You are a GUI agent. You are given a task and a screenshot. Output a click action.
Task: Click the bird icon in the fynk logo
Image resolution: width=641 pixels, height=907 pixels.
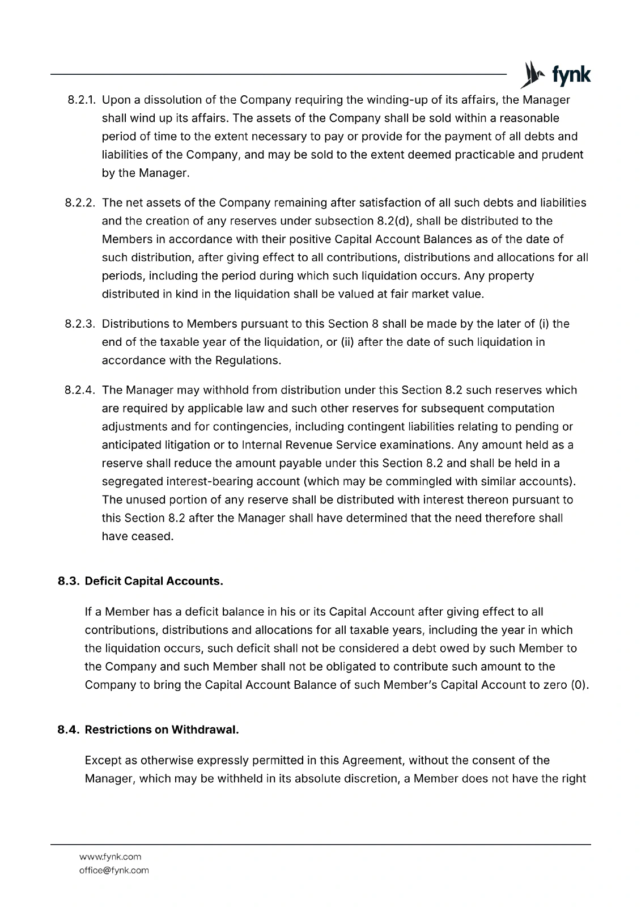pos(530,74)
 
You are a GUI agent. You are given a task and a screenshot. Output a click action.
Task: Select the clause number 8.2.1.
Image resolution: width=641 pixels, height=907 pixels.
pos(80,100)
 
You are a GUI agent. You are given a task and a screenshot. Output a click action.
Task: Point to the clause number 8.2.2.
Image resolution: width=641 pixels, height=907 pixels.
pos(80,203)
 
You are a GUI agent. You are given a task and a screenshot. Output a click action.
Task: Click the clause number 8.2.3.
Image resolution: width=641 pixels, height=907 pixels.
pos(80,324)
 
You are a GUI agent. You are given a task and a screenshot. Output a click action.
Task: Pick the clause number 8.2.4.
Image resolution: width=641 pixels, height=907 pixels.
pos(80,391)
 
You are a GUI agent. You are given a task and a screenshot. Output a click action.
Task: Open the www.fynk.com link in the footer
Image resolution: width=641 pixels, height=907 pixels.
pos(110,857)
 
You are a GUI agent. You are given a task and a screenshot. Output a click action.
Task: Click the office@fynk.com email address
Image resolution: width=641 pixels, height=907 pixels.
pos(113,870)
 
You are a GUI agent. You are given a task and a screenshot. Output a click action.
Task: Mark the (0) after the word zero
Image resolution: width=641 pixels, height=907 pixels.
pos(578,685)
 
